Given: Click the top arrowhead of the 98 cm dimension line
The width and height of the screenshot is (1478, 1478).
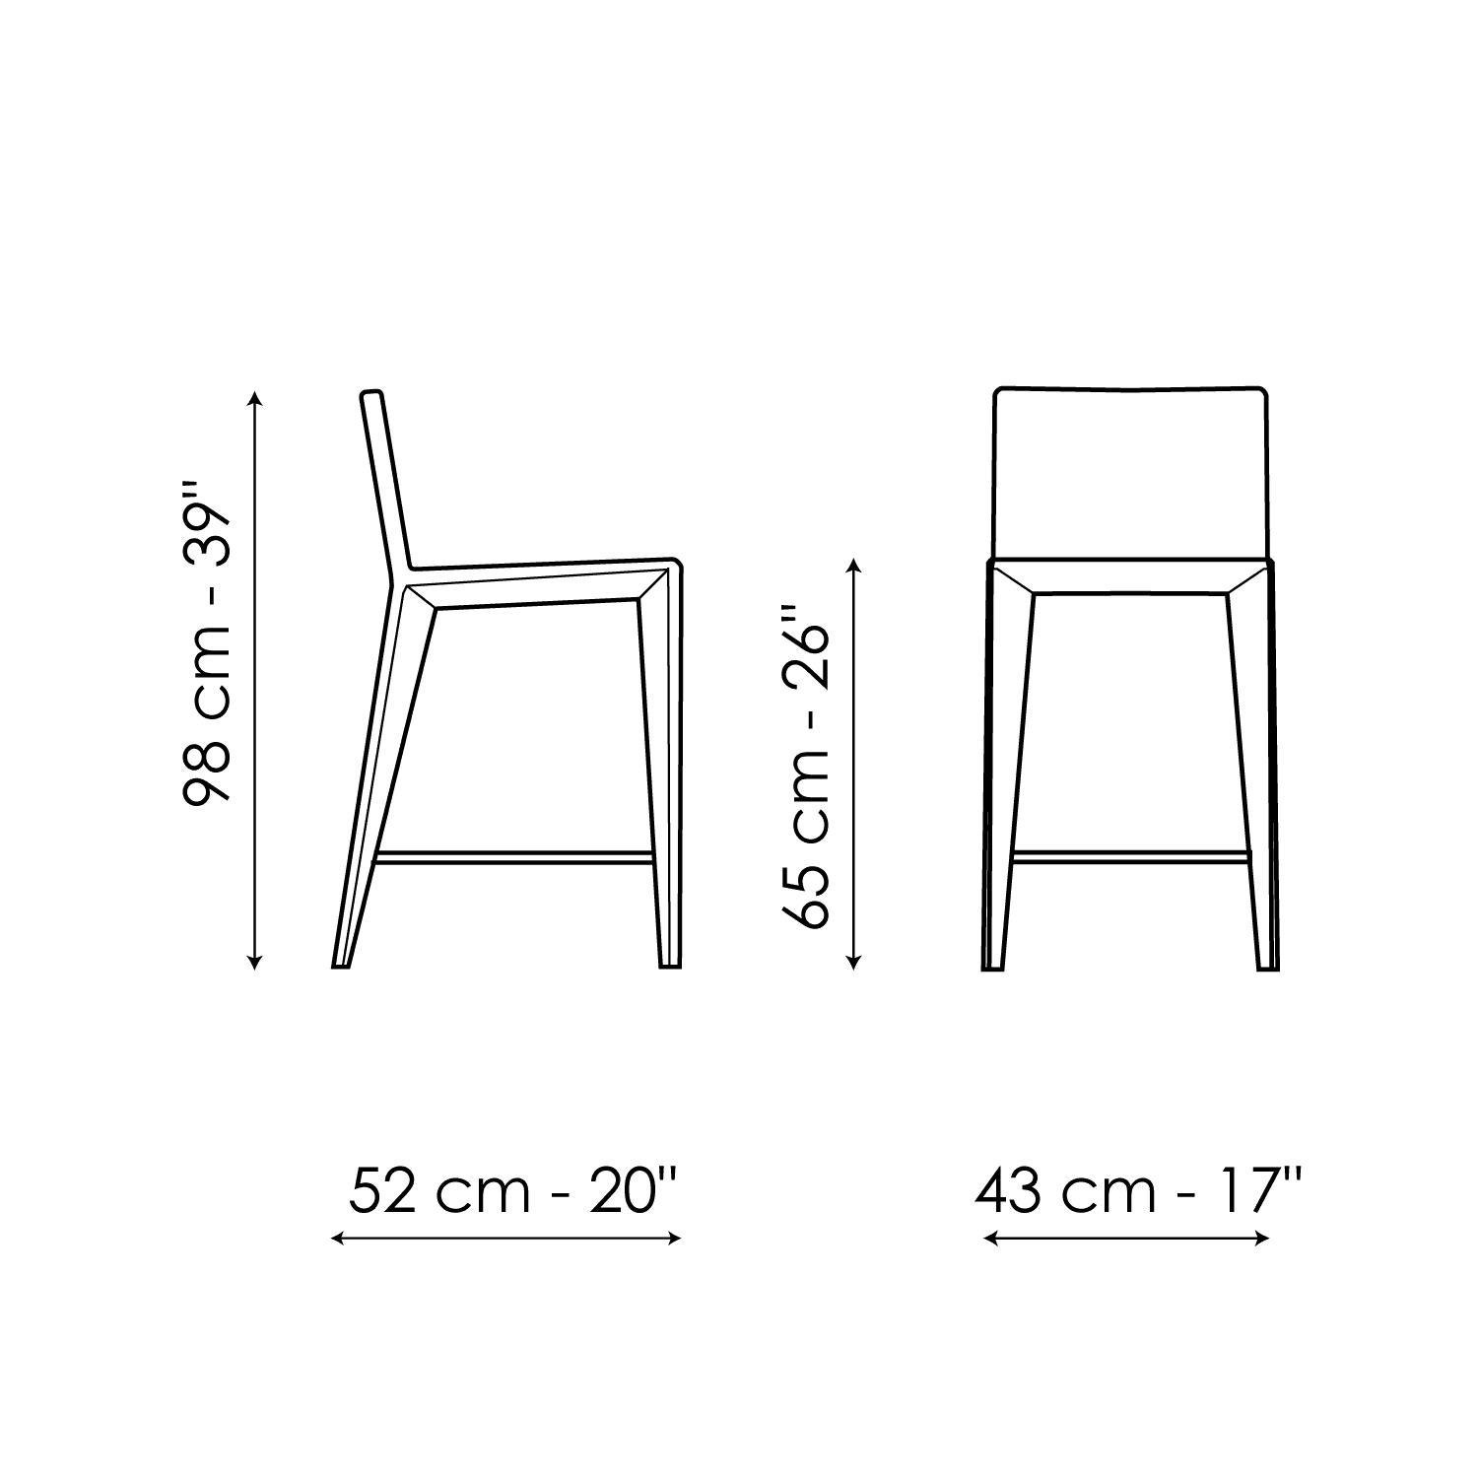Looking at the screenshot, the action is (256, 398).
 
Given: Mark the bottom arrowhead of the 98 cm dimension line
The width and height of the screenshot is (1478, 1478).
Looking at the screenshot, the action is (256, 964).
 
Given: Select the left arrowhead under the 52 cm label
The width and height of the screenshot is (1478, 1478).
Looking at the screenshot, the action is (337, 1239).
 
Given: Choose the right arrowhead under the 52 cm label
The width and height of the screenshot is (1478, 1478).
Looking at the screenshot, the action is (675, 1239).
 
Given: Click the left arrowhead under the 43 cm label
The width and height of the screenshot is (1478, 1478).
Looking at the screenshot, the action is (991, 1239).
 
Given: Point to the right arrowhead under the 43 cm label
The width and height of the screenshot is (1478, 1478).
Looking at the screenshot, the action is (1261, 1239).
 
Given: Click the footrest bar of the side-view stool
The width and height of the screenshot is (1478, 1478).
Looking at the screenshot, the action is (515, 857).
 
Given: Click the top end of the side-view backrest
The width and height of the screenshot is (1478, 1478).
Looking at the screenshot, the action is (371, 393).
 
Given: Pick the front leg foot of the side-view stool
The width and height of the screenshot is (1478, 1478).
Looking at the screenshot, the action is (669, 966).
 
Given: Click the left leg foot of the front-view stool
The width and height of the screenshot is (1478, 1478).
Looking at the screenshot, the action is (993, 966).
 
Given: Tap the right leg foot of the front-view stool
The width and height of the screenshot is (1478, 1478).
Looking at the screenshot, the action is (1269, 966).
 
